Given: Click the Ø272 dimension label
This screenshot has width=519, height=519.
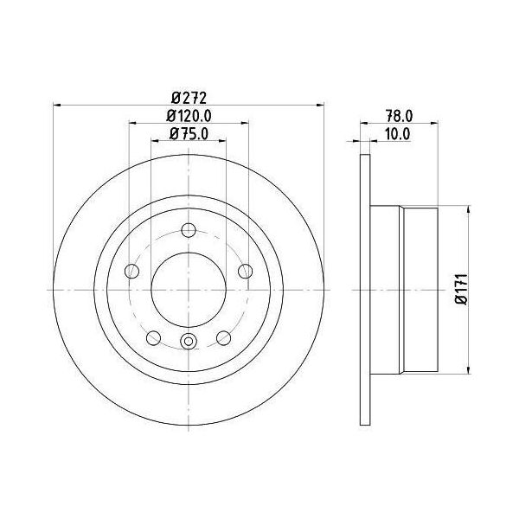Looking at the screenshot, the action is [189, 98].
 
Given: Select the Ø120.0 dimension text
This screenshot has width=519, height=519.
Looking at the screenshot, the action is [189, 116].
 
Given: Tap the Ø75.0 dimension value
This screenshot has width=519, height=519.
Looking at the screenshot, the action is [189, 134].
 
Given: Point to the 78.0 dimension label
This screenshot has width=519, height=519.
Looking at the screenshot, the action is [399, 116].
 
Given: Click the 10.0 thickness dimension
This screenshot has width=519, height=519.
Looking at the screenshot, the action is [398, 134].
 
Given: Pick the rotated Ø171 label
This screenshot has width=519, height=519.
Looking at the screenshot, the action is [461, 289].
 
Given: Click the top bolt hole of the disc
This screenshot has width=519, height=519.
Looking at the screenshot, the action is [189, 230].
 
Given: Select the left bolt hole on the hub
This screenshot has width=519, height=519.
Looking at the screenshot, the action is [131, 272].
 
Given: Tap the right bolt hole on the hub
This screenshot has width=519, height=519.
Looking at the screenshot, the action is [246, 271].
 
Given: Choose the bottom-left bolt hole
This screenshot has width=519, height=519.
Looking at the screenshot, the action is [154, 338].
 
